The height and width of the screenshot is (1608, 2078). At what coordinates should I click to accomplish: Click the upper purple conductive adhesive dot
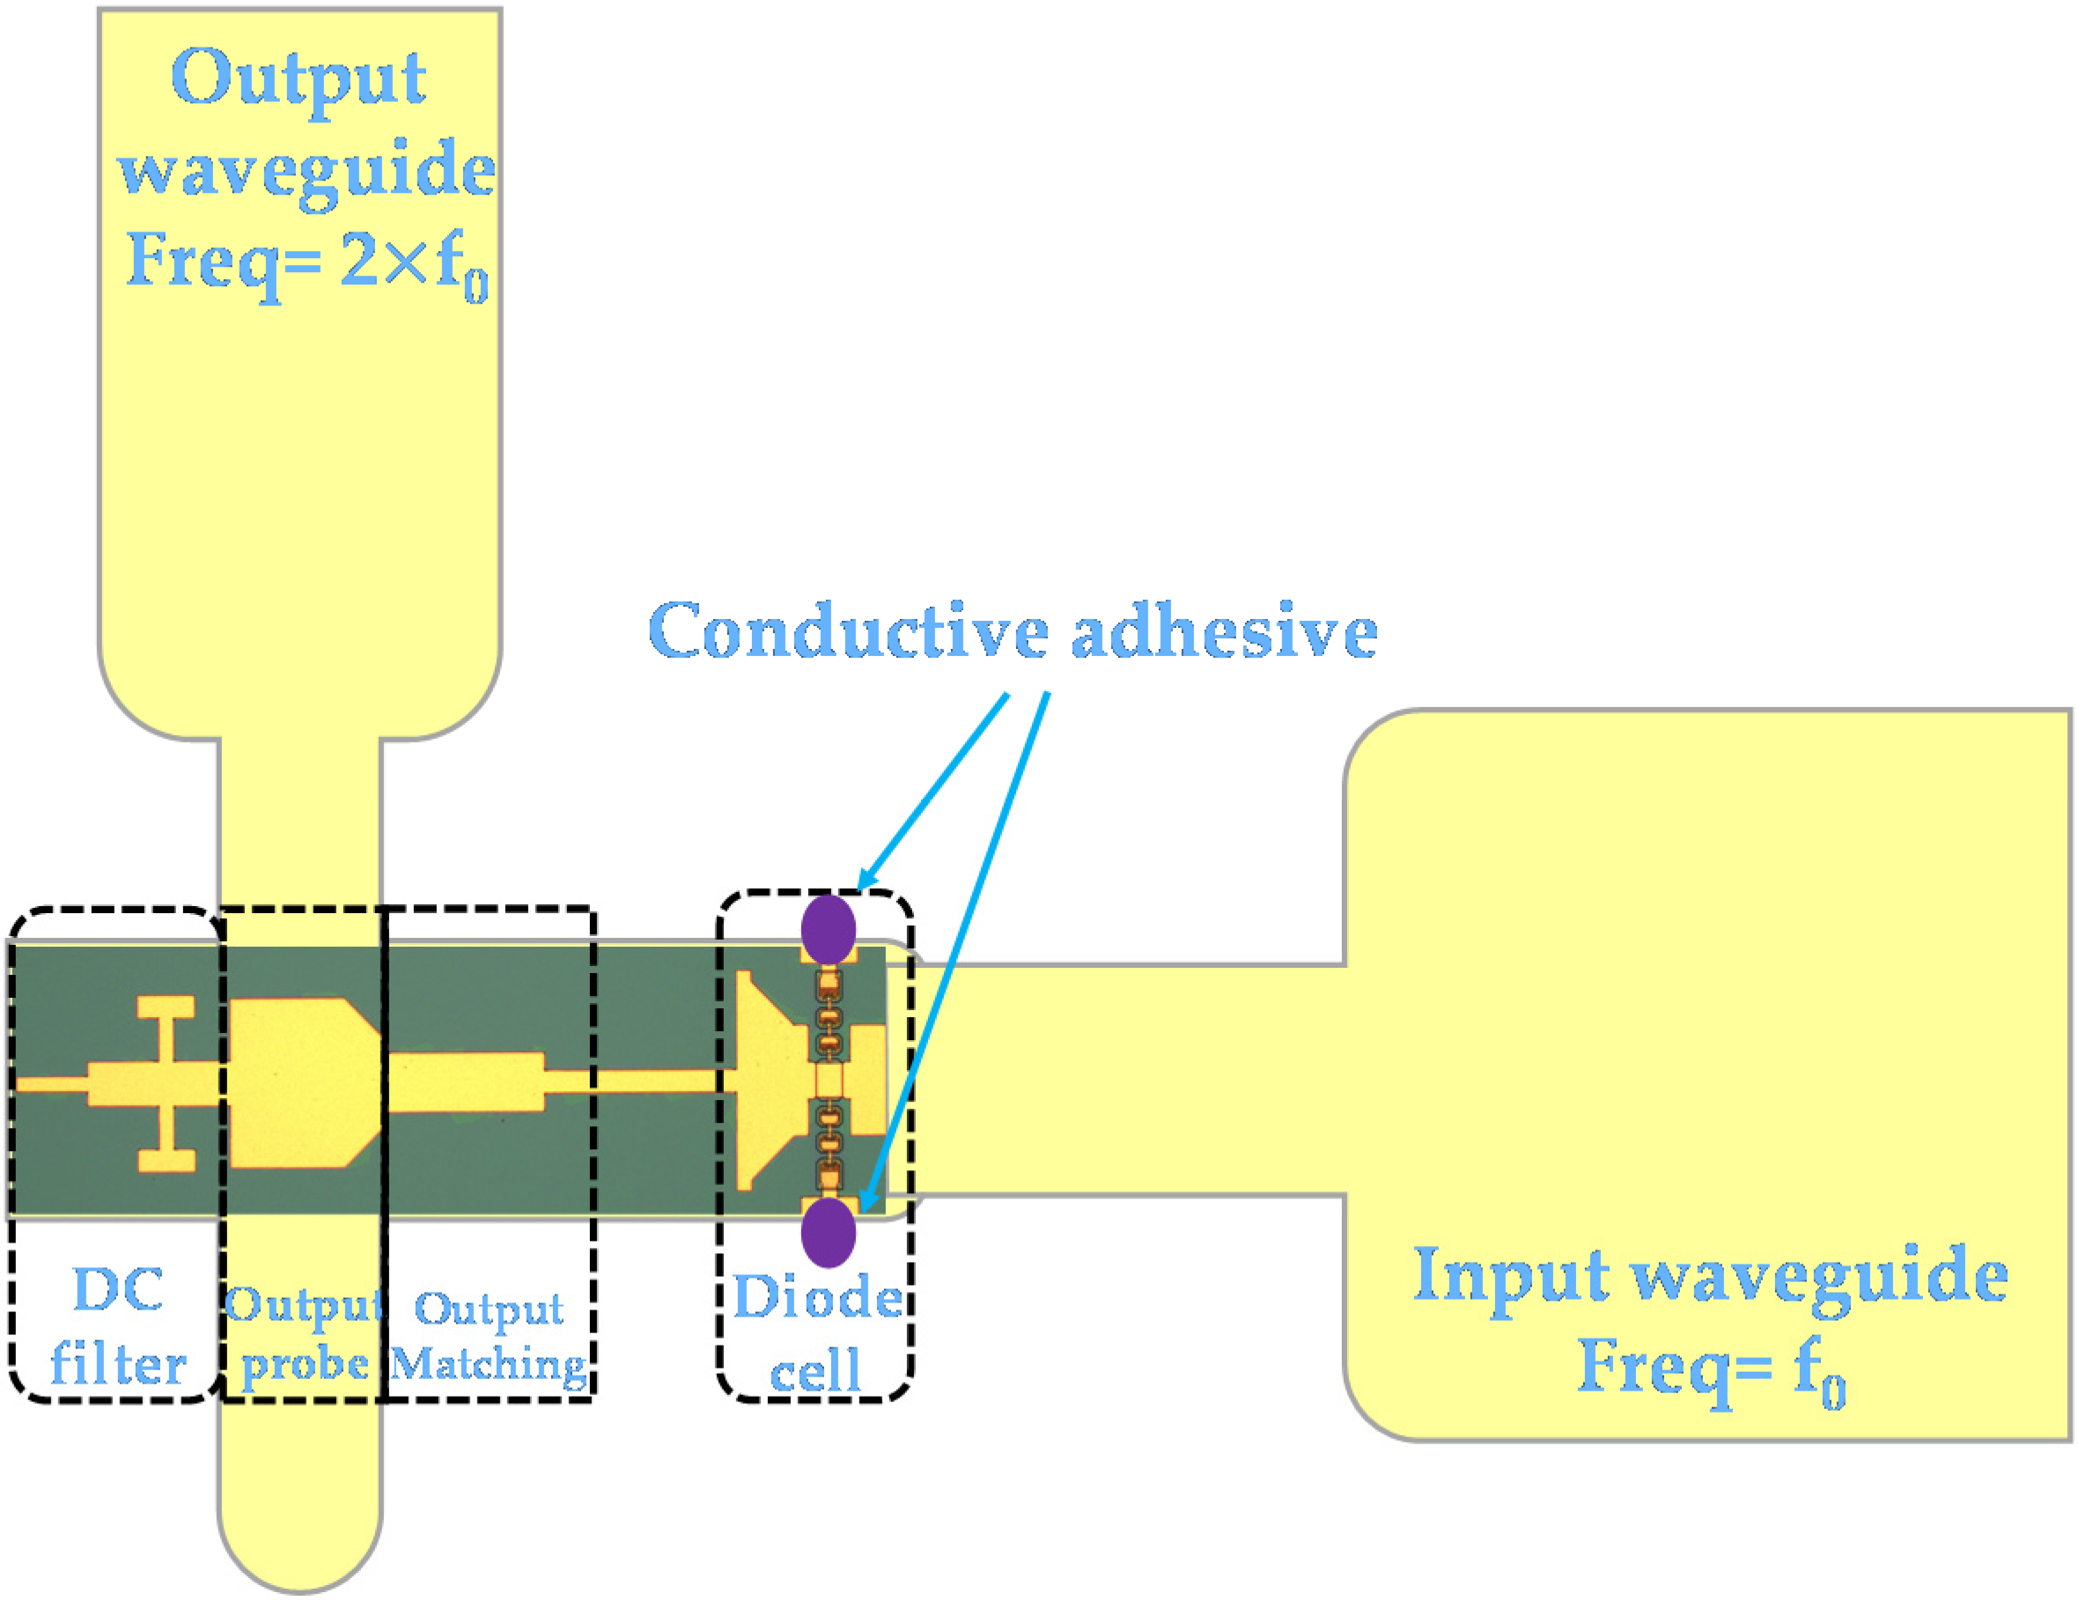pos(828,929)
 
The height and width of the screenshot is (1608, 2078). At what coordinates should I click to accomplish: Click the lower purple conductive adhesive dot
pos(828,1232)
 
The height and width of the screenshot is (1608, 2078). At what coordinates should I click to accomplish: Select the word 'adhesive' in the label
pos(1225,631)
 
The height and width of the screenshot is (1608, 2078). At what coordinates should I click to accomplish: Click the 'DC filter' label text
pos(118,1327)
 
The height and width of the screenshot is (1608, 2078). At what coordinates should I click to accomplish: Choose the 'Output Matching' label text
pos(489,1336)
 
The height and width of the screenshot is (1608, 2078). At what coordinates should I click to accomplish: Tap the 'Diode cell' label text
pos(816,1333)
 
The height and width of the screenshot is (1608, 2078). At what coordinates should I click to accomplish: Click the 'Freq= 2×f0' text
pos(306,262)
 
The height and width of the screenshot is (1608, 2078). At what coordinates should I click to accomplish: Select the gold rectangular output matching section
pos(466,1081)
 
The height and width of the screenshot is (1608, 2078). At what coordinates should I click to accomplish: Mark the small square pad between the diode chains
pos(829,1080)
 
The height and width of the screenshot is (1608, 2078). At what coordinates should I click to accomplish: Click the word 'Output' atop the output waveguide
pos(298,78)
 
